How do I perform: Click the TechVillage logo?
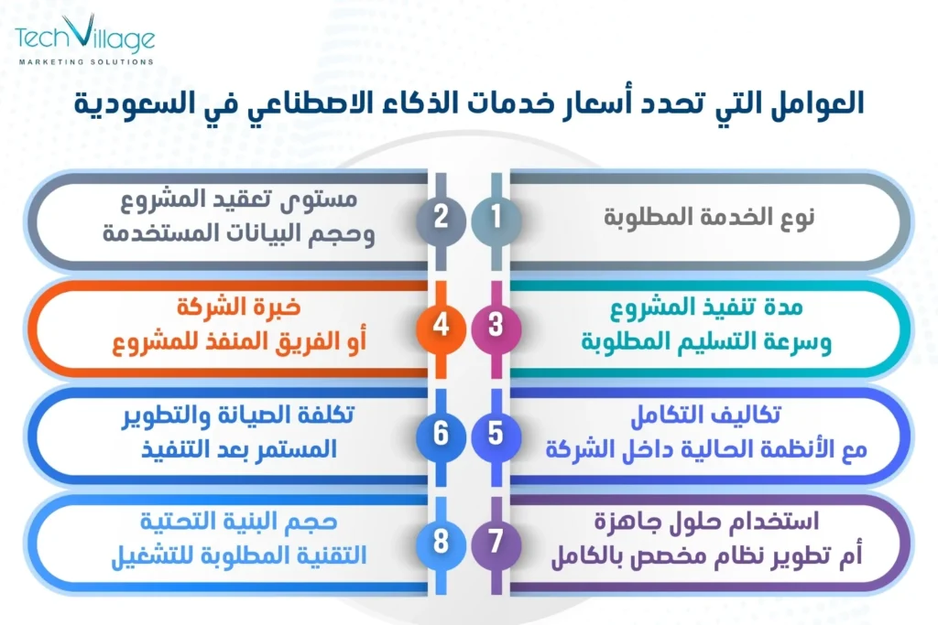coord(84,38)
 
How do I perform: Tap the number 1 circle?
coord(496,218)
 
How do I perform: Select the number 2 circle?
coord(441,218)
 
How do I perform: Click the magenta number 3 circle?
coord(496,325)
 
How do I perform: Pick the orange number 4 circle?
coord(441,325)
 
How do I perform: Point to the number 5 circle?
coord(496,432)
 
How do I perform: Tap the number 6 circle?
coord(441,432)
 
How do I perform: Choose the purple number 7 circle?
coord(496,541)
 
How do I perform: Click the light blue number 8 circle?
coord(441,541)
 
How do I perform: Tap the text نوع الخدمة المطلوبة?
coord(711,219)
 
